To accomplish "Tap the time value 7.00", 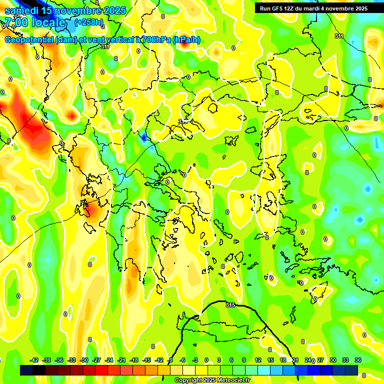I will (x=17, y=22).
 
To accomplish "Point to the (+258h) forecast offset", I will (x=89, y=22).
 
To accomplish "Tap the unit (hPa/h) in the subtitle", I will (x=186, y=40).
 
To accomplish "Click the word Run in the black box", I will (x=265, y=8).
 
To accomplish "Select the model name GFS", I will (x=277, y=8).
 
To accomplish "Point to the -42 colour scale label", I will (x=34, y=360).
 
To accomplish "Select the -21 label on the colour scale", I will (x=121, y=360).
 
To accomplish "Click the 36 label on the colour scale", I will (x=358, y=360).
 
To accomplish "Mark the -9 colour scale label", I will (x=170, y=360).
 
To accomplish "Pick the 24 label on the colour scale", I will (x=308, y=360).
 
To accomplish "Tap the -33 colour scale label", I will (x=71, y=360).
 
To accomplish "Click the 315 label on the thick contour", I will (x=230, y=304).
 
